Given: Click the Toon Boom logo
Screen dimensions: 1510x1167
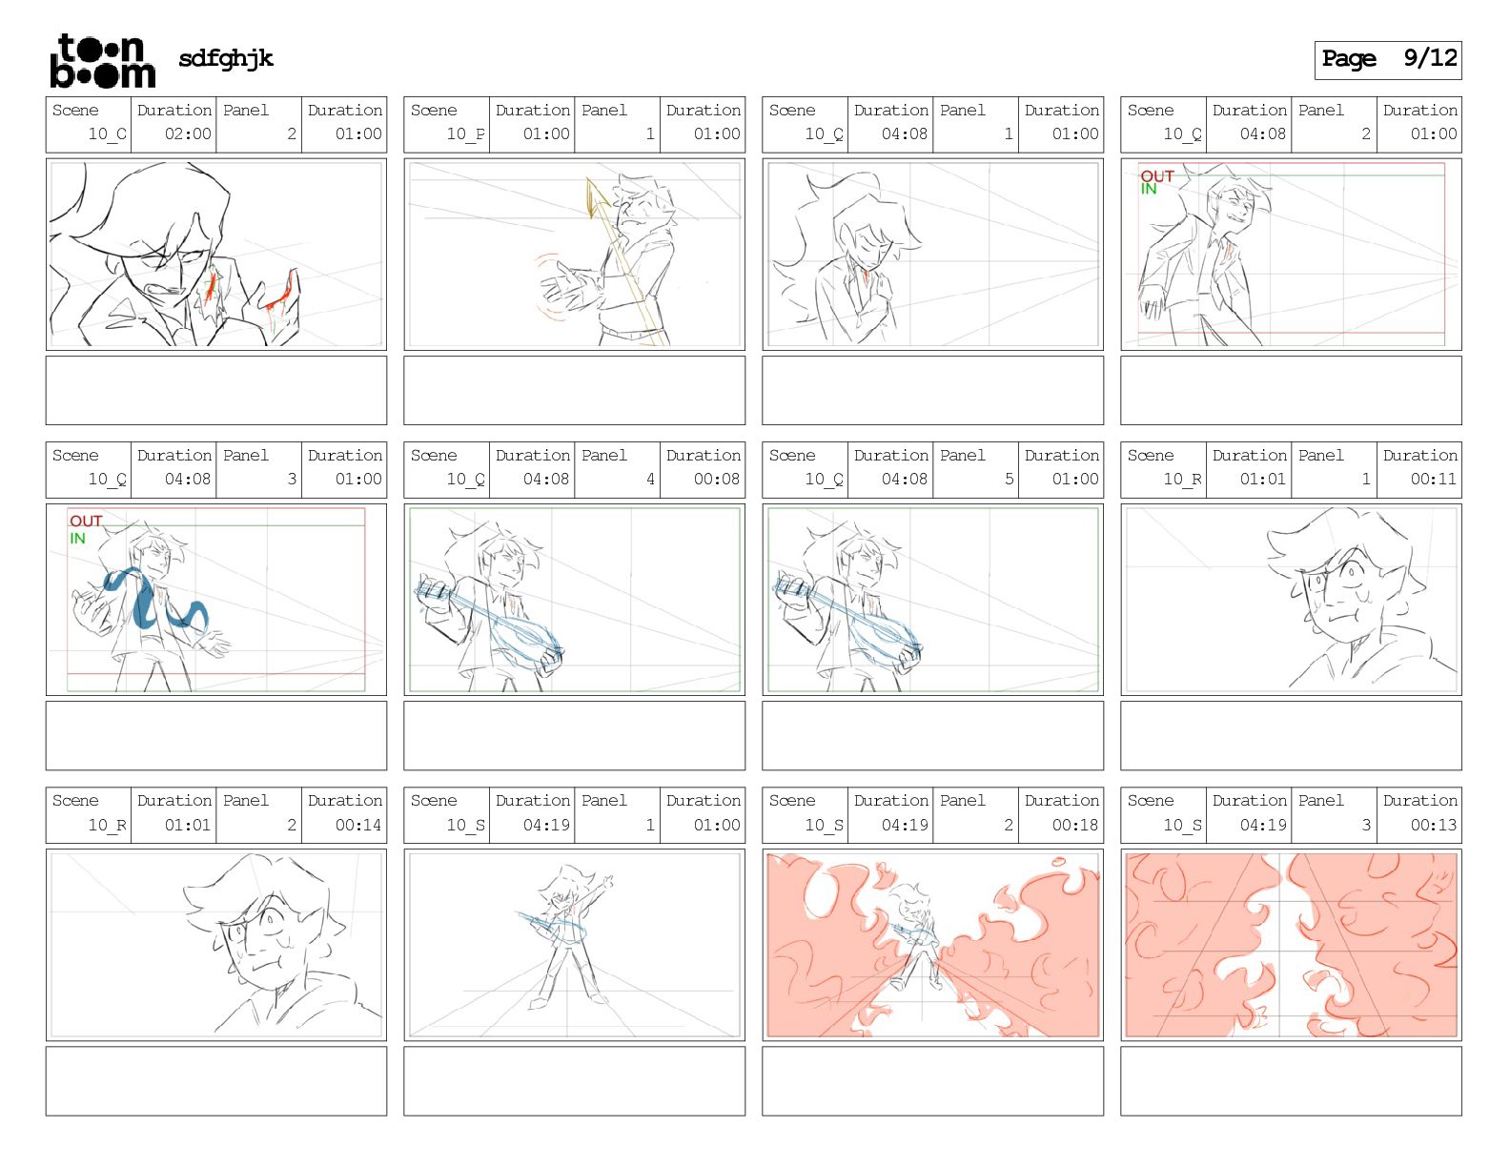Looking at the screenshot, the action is click(x=102, y=60).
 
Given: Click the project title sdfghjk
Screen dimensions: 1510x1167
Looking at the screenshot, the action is click(x=226, y=58).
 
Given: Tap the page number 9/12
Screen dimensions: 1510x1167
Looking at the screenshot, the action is click(x=1429, y=58).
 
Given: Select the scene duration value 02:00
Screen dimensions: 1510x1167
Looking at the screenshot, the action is click(x=188, y=133).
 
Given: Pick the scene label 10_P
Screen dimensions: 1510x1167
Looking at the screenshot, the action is click(x=465, y=133).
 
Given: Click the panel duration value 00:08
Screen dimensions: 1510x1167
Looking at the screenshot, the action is click(x=717, y=479).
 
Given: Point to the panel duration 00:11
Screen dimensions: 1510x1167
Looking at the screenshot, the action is click(x=1433, y=479).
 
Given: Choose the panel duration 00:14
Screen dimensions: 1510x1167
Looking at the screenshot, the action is click(x=357, y=825).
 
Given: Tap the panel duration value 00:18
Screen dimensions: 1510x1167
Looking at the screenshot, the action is click(x=1075, y=825).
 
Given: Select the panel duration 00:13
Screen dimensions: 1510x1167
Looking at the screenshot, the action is click(x=1433, y=825).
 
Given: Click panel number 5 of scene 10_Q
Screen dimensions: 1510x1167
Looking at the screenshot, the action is click(x=1009, y=479).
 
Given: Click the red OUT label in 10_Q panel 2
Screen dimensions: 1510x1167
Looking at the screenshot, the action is click(x=1157, y=175).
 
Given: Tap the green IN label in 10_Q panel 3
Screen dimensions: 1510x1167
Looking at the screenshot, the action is click(x=77, y=538).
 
